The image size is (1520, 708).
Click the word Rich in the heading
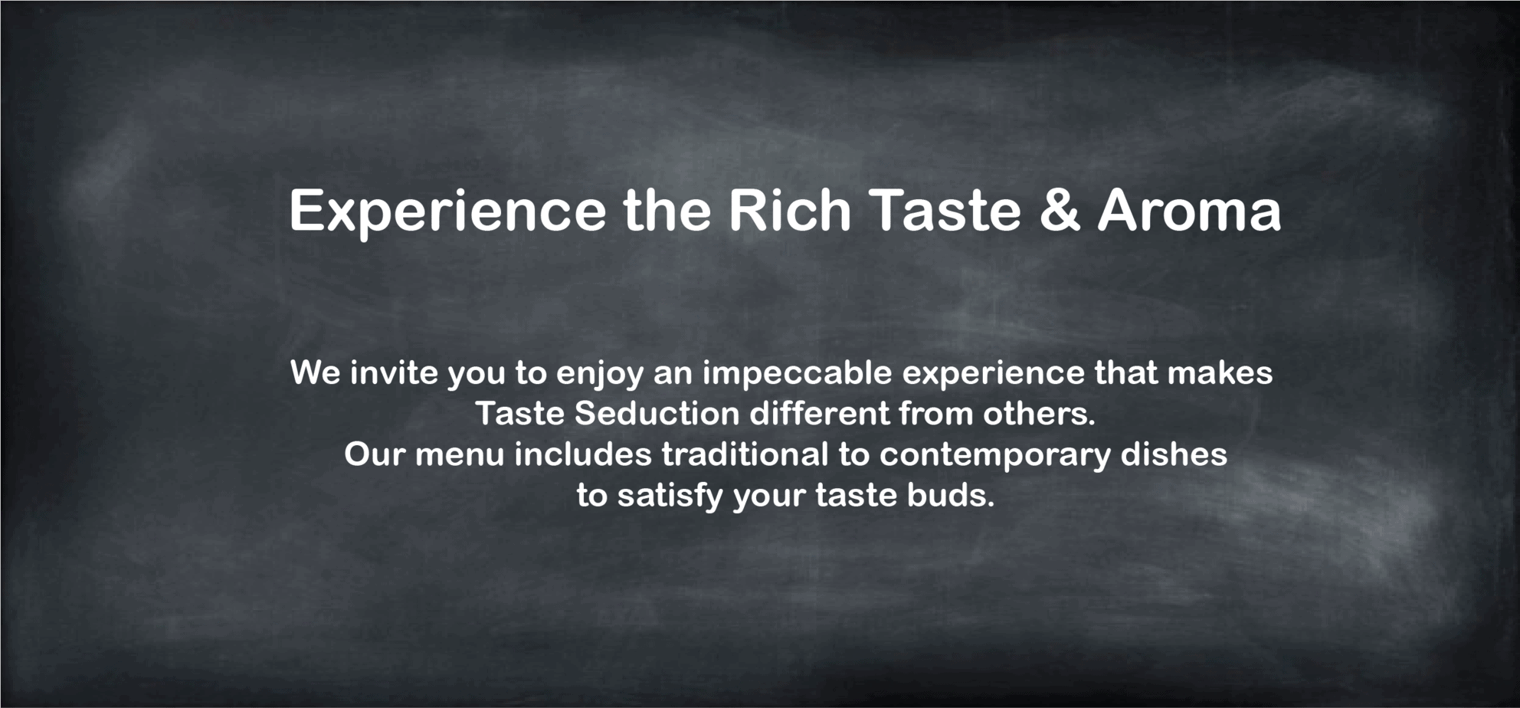[x=789, y=210]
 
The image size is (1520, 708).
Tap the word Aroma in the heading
[x=1189, y=210]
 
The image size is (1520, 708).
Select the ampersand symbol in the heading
[x=1060, y=210]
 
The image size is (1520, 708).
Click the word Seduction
[x=657, y=414]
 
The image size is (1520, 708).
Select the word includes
[x=583, y=454]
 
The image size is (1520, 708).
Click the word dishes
[x=1174, y=454]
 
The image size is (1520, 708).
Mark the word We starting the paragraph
[x=316, y=373]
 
